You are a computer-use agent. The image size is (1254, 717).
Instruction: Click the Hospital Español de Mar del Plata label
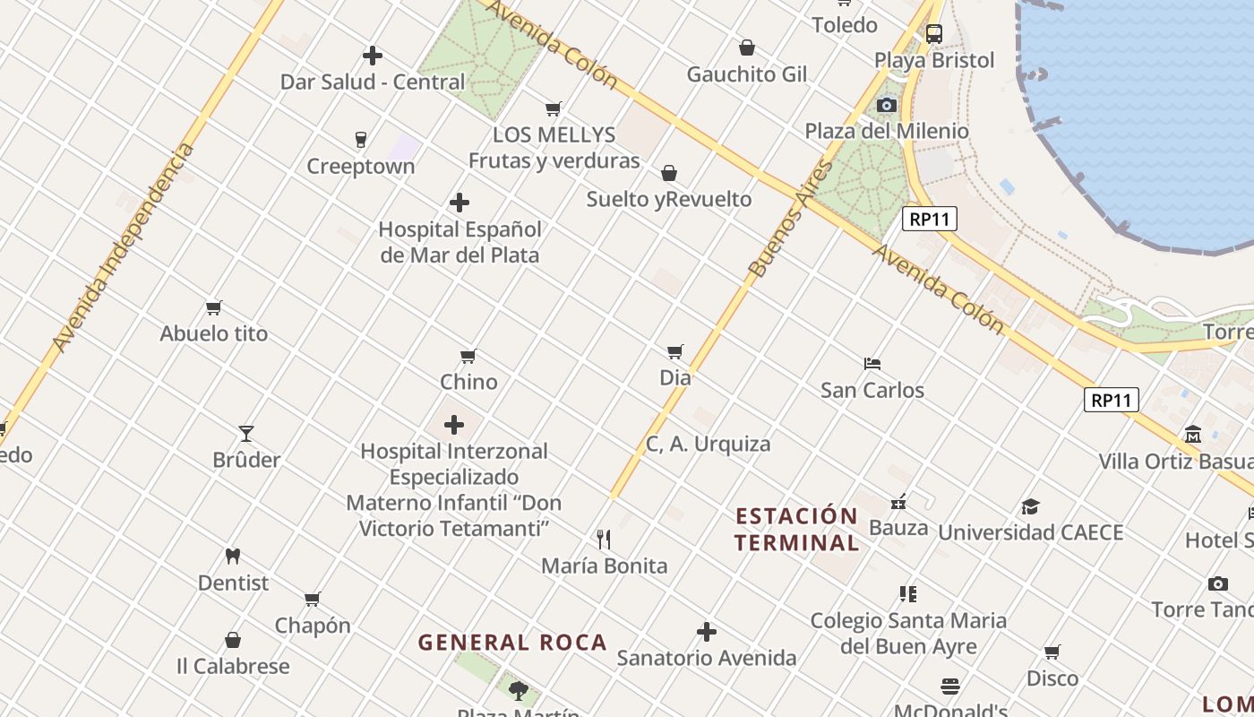[460, 242]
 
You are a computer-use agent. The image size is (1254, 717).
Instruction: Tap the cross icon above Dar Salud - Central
[373, 56]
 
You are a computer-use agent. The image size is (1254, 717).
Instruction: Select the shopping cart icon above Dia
[675, 351]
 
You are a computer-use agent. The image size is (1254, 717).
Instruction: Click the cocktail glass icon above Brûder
[246, 434]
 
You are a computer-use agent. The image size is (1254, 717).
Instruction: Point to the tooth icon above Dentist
[233, 556]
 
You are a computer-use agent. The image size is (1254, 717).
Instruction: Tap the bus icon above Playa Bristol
[934, 34]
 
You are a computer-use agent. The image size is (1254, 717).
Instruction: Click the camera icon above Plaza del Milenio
[887, 106]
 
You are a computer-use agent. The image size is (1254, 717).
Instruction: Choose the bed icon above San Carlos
[872, 363]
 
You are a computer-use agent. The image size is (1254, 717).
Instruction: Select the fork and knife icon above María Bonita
[604, 539]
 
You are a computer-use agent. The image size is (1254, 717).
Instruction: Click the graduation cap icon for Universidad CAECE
[1030, 506]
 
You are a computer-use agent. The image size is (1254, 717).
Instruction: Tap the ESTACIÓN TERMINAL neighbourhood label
[796, 529]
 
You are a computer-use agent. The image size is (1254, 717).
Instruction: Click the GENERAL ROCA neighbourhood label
[512, 642]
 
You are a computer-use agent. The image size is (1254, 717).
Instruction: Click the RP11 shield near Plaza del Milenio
[930, 219]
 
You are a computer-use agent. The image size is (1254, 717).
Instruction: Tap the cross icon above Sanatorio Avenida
[707, 632]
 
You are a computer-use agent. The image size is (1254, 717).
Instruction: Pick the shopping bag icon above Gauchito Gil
[747, 48]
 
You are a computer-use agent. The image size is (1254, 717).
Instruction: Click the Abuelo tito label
[214, 333]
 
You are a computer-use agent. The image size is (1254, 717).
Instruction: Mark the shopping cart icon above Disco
[1052, 652]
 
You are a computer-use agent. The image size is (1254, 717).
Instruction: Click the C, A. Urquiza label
[708, 444]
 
